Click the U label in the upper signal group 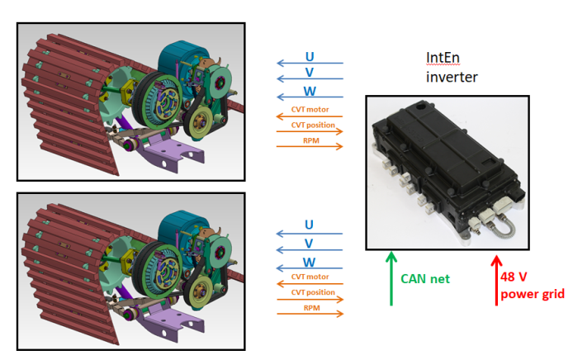pyautogui.click(x=310, y=56)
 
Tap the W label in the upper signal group pyautogui.click(x=310, y=90)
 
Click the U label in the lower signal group pyautogui.click(x=310, y=225)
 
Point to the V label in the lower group pyautogui.click(x=310, y=243)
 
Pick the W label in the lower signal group pyautogui.click(x=310, y=262)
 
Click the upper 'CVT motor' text pyautogui.click(x=310, y=108)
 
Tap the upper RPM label pyautogui.click(x=310, y=140)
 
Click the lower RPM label pyautogui.click(x=310, y=307)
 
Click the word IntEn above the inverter pyautogui.click(x=443, y=59)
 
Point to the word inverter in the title pyautogui.click(x=452, y=77)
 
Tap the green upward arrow pyautogui.click(x=391, y=279)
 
